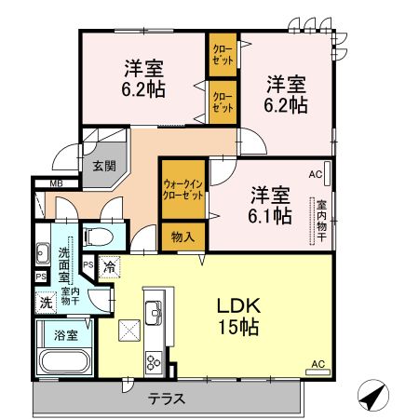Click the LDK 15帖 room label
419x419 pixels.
point(238,317)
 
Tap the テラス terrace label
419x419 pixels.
point(167,399)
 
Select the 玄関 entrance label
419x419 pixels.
point(104,167)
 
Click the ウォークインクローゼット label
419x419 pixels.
point(183,190)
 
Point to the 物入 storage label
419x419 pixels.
point(183,237)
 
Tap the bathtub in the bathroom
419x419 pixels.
point(64,361)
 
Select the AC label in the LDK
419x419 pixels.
point(317,363)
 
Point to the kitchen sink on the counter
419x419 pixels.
point(153,308)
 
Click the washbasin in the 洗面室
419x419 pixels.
point(42,252)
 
